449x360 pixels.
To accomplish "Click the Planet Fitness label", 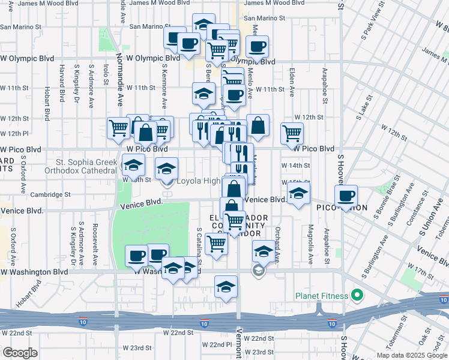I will [x=322, y=296].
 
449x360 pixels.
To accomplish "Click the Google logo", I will [x=20, y=353].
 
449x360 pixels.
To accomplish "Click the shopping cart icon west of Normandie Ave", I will [x=118, y=127].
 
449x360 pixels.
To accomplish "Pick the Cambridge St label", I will [x=51, y=194].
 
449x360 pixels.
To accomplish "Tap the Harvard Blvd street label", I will [x=62, y=83].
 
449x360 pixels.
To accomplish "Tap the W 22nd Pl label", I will [x=217, y=344].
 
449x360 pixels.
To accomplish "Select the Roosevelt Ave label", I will [x=95, y=245].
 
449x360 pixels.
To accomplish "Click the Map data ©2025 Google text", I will [x=412, y=355].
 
